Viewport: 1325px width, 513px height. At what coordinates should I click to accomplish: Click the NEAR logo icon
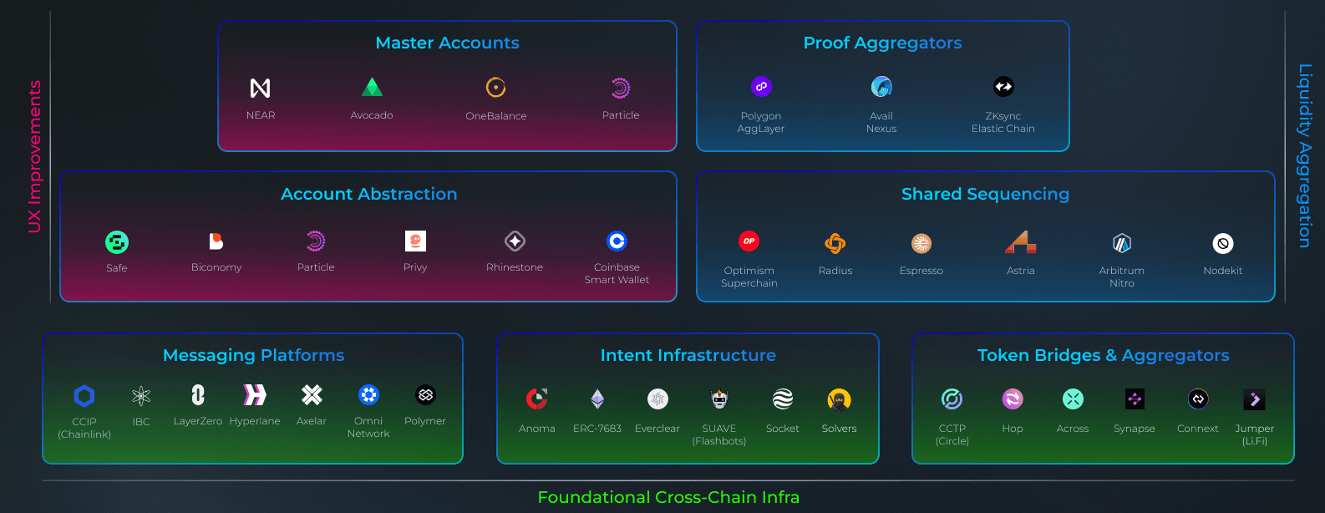click(261, 88)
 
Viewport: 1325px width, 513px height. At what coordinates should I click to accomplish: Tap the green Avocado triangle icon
click(372, 87)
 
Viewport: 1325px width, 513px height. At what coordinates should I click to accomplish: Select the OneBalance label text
click(496, 116)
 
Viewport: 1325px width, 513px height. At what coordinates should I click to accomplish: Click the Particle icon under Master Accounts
click(621, 88)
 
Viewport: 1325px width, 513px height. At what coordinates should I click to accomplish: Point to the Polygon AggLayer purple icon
click(761, 86)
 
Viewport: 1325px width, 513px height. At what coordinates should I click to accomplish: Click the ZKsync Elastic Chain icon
click(1003, 86)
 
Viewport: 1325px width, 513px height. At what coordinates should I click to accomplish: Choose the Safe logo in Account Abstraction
click(117, 242)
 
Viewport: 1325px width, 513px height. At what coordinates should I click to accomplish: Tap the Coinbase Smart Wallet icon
click(617, 241)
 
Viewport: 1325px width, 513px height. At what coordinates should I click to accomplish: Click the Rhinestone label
click(515, 267)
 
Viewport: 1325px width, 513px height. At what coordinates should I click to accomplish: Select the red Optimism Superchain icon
click(749, 241)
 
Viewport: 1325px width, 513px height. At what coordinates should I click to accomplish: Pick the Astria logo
click(1021, 242)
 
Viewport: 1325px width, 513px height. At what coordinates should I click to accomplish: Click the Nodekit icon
click(1223, 243)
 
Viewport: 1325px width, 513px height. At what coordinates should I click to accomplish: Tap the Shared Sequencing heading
click(985, 194)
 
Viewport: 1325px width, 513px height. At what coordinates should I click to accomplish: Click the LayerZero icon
click(198, 394)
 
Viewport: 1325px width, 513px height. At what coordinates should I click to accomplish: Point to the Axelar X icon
click(312, 394)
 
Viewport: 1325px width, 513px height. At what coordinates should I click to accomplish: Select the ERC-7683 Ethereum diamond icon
click(597, 399)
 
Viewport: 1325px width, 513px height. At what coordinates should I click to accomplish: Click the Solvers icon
click(839, 400)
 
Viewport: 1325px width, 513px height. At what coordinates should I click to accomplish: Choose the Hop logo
click(1013, 399)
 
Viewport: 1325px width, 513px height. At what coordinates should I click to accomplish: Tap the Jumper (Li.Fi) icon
click(1254, 399)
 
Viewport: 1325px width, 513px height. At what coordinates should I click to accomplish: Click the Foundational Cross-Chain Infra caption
click(668, 497)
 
